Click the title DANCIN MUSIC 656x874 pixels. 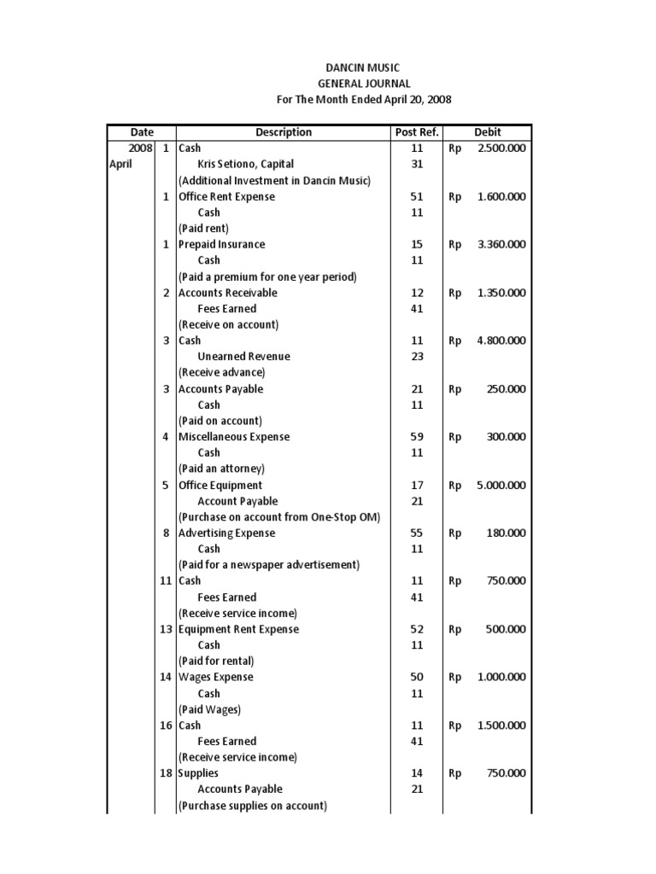click(363, 67)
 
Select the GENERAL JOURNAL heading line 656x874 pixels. click(363, 84)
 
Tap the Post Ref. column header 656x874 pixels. click(417, 132)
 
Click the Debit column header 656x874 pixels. click(488, 132)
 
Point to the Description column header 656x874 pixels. click(284, 132)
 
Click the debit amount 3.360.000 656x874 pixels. click(501, 244)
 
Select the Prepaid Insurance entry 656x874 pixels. click(221, 244)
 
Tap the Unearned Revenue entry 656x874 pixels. click(243, 357)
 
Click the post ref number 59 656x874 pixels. click(417, 437)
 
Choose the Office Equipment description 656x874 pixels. click(220, 485)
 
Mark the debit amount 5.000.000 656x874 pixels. click(501, 485)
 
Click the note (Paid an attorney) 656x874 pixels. click(221, 469)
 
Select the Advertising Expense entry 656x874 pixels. click(226, 533)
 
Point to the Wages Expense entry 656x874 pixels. click(215, 678)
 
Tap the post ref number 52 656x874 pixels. click(417, 629)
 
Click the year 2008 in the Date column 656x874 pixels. click(140, 148)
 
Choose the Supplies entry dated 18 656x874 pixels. click(198, 773)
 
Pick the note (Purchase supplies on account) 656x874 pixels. click(252, 806)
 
